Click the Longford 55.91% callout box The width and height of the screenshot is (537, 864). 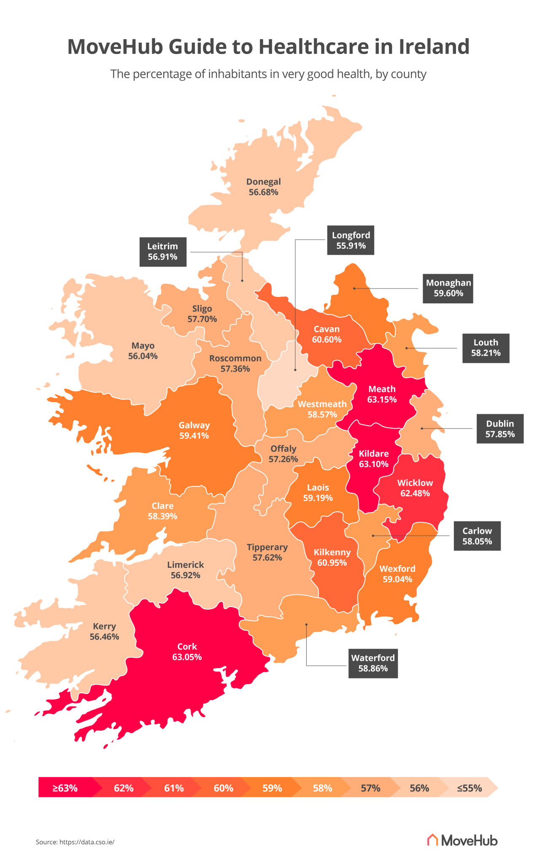click(x=351, y=240)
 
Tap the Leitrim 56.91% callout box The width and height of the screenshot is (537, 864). click(x=163, y=252)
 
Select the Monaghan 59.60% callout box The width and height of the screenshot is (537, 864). click(x=448, y=289)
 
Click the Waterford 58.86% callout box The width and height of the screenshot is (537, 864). click(x=373, y=663)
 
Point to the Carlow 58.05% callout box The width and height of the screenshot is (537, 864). click(x=477, y=536)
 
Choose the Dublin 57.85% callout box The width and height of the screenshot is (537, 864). click(x=500, y=429)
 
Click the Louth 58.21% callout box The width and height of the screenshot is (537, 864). click(x=486, y=348)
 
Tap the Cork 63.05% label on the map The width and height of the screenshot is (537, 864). click(x=187, y=652)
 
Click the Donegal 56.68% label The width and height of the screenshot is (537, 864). click(x=264, y=187)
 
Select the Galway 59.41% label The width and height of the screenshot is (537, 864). click(x=194, y=430)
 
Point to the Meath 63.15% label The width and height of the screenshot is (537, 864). click(x=382, y=394)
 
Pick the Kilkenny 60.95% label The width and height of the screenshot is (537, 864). click(x=332, y=557)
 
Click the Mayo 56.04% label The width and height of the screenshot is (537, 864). click(x=143, y=351)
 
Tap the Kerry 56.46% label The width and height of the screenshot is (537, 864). click(x=104, y=632)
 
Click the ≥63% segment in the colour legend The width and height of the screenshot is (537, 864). click(x=65, y=788)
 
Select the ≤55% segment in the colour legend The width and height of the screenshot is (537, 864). click(x=469, y=788)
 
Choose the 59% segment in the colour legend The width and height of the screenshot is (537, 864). click(x=272, y=788)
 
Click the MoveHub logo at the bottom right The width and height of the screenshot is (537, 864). click(x=462, y=840)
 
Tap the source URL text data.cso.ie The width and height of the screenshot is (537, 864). click(x=87, y=842)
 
